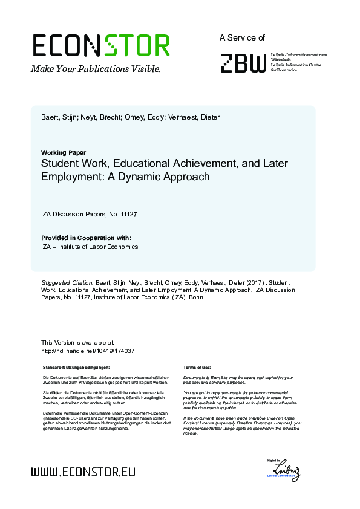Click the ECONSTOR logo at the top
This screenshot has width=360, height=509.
tap(100, 46)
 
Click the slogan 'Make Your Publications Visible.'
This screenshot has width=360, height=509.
tap(96, 69)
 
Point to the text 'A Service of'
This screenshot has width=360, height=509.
tap(242, 37)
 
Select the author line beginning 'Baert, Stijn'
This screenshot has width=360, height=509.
tap(130, 117)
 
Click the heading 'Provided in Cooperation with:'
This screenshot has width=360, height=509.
tap(86, 238)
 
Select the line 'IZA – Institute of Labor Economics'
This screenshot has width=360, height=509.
tap(90, 247)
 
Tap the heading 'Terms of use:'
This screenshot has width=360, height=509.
tap(197, 368)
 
